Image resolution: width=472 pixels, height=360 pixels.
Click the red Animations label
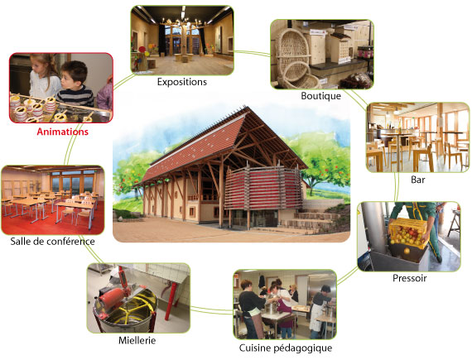pos(63,132)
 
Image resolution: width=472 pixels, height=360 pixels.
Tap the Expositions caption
pos(182,82)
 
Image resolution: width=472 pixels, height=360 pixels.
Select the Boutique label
pos(321,96)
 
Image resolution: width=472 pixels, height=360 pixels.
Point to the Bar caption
pos(418,180)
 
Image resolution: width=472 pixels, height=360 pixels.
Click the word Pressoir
pos(410,278)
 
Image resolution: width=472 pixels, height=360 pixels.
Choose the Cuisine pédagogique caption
pos(286,348)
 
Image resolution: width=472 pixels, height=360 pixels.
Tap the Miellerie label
pos(137,340)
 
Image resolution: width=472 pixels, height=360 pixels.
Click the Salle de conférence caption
pos(52,241)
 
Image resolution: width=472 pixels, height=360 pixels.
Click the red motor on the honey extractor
pos(110,296)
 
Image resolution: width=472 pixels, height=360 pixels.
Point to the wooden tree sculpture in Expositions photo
pos(184,37)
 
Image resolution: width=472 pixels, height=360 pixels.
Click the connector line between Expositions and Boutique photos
pos(253,54)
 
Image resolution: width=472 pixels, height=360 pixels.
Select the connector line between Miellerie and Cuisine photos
pos(212,310)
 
